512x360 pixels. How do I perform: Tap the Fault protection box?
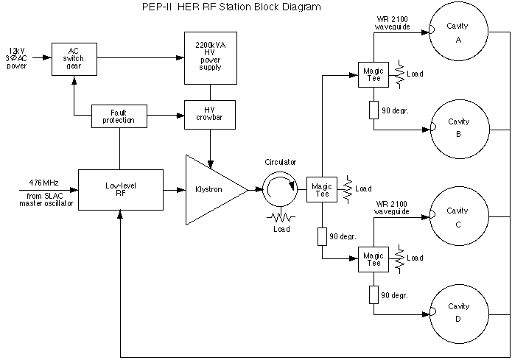[x=119, y=115]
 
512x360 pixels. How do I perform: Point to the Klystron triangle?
[x=211, y=189]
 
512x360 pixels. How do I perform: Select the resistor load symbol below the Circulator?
[x=279, y=216]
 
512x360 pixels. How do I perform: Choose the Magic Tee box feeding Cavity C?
[x=373, y=258]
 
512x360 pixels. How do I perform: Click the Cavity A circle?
[x=458, y=33]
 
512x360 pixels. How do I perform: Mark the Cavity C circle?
[x=458, y=216]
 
